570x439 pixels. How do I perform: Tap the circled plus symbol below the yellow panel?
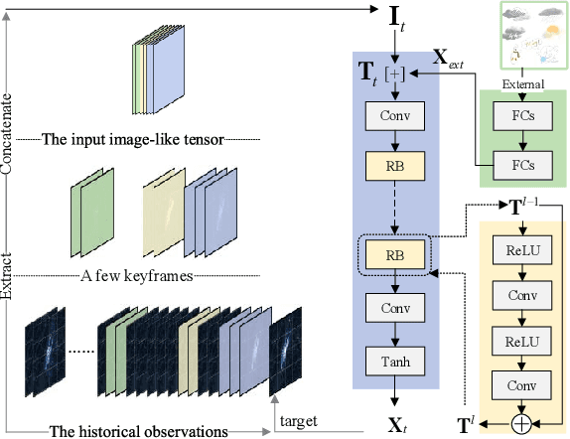[x=521, y=423]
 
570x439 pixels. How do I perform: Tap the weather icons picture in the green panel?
[x=520, y=39]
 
